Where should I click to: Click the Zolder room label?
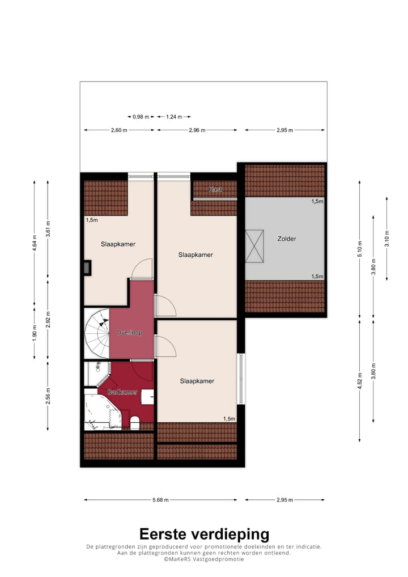coord(287,239)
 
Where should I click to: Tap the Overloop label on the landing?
coord(129,332)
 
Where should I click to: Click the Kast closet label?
coord(215,189)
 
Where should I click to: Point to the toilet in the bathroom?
coord(134,422)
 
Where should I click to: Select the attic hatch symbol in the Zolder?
coord(254,246)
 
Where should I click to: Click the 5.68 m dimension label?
coord(161,500)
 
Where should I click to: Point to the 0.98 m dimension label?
coord(141,117)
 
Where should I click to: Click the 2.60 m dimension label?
coord(119,130)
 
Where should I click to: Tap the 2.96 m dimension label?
coord(197,130)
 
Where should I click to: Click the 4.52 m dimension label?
coord(359,379)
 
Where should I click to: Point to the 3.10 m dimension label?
coord(386,238)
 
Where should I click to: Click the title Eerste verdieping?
coord(204,534)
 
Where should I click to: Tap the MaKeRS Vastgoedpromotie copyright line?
coord(204,559)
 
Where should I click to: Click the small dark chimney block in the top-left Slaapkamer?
coord(87,267)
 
